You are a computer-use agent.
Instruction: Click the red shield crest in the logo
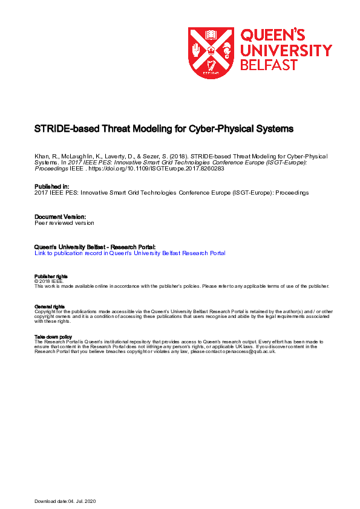coord(210,53)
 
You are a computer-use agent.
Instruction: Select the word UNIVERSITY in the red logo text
coord(286,50)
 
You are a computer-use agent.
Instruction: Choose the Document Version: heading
coord(60,216)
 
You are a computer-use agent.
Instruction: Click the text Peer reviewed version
coord(64,222)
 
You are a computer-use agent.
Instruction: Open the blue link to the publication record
coord(130,253)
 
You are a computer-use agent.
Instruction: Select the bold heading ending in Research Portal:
coord(95,247)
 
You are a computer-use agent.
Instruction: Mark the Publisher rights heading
coord(50,277)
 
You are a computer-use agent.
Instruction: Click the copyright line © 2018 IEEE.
coord(48,281)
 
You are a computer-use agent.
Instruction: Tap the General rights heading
coord(49,306)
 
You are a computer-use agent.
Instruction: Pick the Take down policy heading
coord(53,337)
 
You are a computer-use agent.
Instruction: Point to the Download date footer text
coord(65,502)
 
